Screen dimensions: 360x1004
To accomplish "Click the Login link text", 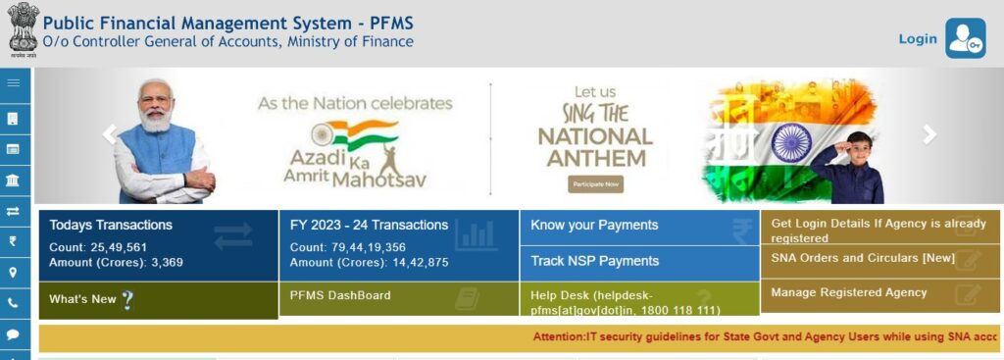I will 918,38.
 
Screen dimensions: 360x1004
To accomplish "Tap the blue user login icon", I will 966,38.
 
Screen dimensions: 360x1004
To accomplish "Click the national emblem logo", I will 21,29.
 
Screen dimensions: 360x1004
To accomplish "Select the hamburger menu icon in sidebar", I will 14,83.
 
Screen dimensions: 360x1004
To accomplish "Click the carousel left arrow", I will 110,134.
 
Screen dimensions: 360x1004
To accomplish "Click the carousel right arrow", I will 929,134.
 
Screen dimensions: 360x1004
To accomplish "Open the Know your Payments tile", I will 594,226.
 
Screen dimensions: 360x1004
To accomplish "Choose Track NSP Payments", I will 594,261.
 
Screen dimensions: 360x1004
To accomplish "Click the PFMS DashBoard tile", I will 340,295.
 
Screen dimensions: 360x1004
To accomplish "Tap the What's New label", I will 82,299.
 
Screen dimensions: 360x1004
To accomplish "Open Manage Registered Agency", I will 849,292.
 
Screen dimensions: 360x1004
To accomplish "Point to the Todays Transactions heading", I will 111,225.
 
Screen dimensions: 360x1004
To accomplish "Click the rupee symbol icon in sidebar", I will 14,241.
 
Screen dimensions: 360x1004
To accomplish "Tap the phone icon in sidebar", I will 14,303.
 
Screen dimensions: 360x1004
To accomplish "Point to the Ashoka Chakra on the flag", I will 790,143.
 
